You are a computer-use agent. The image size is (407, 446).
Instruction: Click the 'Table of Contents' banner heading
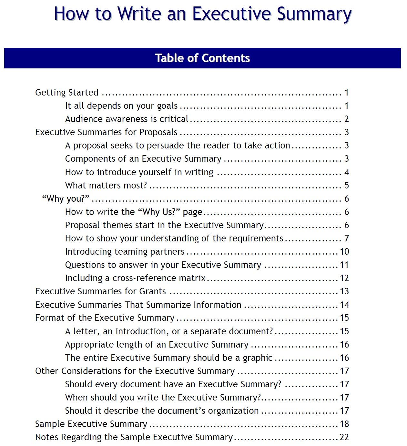pos(202,58)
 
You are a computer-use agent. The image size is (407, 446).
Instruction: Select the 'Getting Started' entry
pos(66,93)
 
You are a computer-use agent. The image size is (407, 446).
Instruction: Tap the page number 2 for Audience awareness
pos(346,119)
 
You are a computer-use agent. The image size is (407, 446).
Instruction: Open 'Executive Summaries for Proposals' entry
pos(106,132)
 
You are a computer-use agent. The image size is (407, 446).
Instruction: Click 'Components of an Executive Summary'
pos(143,159)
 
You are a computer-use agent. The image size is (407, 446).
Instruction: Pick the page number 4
pos(346,172)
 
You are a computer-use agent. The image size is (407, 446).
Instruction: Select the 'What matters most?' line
pos(106,186)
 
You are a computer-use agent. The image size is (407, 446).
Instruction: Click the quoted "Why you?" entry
pos(66,199)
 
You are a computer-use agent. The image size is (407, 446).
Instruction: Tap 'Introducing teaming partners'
pos(125,252)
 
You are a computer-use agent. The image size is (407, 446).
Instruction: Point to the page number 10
pos(344,252)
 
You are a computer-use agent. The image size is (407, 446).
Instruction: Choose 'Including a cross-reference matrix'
pos(135,278)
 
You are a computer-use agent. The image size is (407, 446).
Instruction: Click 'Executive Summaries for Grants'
pos(100,291)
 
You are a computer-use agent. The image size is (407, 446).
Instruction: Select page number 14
pos(344,305)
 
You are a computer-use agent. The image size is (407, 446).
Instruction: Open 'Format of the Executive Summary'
pos(105,318)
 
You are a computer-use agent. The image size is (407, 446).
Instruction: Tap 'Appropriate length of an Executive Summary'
pos(157,345)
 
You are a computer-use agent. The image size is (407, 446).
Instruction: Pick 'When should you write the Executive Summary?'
pos(163,398)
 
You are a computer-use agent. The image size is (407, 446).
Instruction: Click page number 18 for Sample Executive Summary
pos(344,424)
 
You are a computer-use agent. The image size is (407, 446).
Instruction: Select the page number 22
pos(344,437)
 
